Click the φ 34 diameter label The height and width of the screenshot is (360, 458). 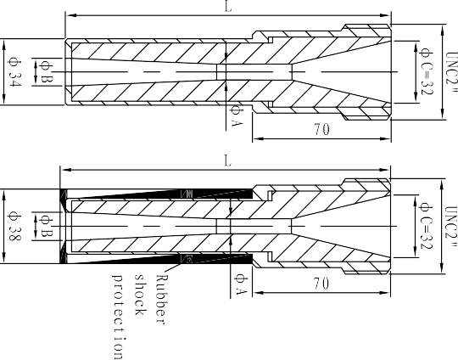(15, 72)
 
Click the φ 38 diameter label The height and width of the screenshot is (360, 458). (15, 227)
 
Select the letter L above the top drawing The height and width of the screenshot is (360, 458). (228, 6)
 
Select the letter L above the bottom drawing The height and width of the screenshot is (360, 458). (227, 160)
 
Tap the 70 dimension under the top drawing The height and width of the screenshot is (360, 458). (322, 129)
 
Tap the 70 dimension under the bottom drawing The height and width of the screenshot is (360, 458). (321, 284)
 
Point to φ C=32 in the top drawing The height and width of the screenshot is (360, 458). (426, 71)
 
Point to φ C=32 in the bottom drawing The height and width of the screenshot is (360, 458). (426, 226)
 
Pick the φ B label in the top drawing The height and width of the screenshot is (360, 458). (47, 72)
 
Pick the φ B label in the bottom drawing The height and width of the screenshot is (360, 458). (47, 226)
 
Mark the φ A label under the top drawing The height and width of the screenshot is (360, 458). (237, 116)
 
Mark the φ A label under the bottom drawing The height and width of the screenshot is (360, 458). (241, 284)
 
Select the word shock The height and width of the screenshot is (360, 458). (140, 295)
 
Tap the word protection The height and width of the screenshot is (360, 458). (119, 317)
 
